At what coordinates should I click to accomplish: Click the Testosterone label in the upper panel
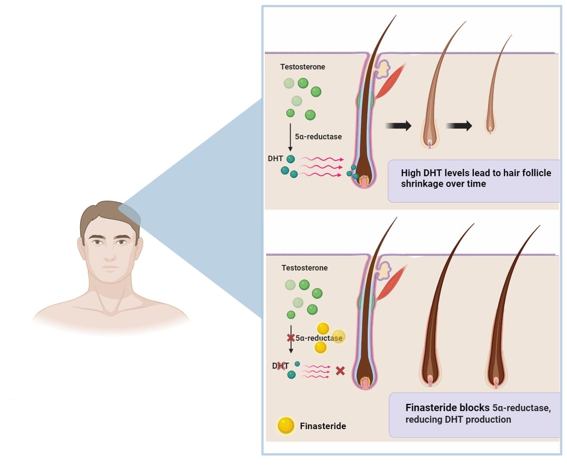coord(303,67)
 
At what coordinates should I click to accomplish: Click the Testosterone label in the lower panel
coord(304,268)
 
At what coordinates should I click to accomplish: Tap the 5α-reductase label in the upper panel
coord(318,137)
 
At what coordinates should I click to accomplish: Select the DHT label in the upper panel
coord(275,159)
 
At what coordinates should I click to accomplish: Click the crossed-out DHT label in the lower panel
coord(281,366)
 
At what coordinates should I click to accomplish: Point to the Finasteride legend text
coord(323,426)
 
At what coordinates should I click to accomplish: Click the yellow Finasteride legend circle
coord(286,425)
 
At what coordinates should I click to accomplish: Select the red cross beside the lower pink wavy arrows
coord(340,371)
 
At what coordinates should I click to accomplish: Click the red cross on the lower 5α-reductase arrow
coord(291,338)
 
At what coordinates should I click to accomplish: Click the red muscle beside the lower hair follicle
coord(390,283)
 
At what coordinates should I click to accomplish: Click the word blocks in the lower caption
coord(474,408)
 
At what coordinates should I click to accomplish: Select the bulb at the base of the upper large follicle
coord(364,180)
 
